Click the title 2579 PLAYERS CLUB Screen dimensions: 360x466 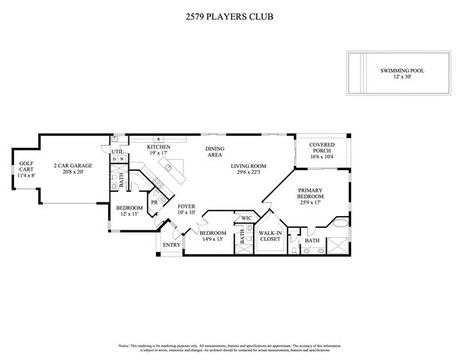233,13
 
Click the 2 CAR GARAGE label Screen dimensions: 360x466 68,166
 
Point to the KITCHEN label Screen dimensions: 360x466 158,147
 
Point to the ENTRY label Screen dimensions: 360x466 172,244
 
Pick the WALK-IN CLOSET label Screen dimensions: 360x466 270,235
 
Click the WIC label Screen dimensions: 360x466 245,218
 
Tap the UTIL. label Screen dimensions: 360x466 116,151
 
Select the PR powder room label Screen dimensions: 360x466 154,202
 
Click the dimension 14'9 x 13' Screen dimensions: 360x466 212,239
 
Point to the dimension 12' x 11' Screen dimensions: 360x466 128,214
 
